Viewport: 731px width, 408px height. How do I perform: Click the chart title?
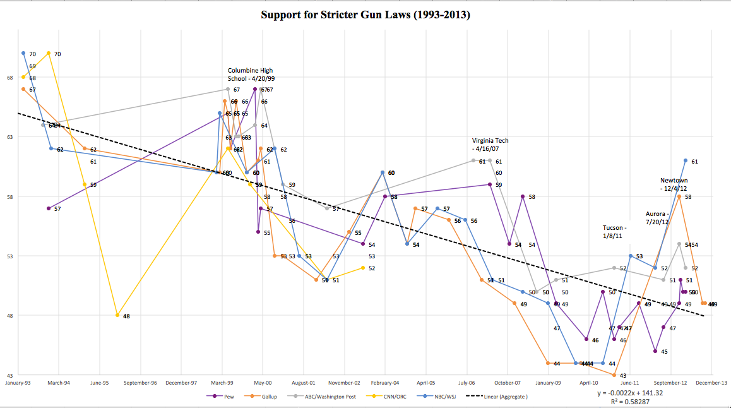365,14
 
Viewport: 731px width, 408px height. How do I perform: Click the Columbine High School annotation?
251,75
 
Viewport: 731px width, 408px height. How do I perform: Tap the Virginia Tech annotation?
490,145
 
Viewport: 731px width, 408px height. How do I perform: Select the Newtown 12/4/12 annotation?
674,184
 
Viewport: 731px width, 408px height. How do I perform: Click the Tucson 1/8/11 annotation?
615,232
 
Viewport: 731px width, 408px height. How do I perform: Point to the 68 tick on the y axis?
9,78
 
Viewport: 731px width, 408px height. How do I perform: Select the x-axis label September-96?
140,383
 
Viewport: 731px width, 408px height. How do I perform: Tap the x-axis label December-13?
711,383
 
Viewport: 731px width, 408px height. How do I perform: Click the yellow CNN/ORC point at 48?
117,315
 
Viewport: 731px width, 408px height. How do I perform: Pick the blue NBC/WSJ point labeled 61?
686,160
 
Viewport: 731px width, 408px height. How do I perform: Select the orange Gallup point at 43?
614,375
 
